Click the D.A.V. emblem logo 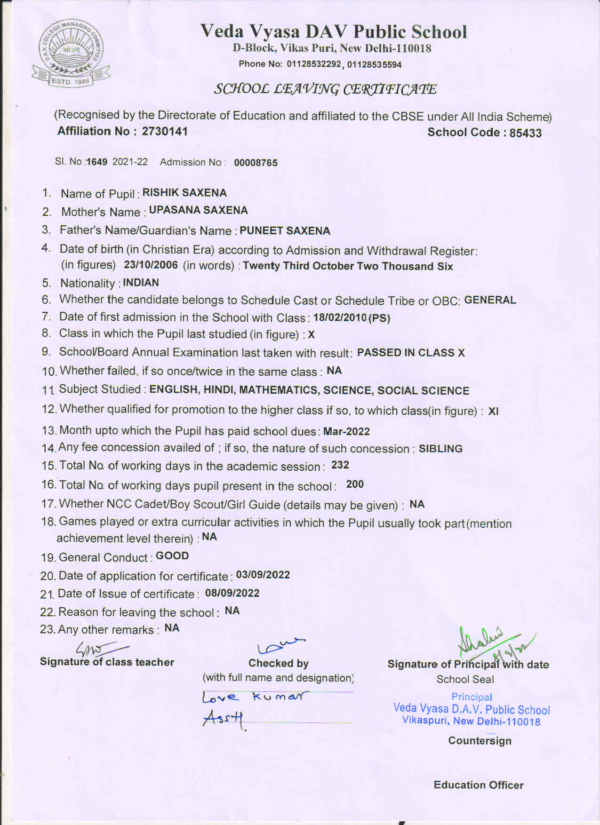pyautogui.click(x=71, y=54)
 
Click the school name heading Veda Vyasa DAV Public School pyautogui.click(x=334, y=32)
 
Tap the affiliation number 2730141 pyautogui.click(x=165, y=131)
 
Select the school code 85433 pyautogui.click(x=525, y=133)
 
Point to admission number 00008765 pyautogui.click(x=256, y=163)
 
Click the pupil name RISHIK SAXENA pyautogui.click(x=184, y=193)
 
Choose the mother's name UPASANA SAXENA pyautogui.click(x=198, y=210)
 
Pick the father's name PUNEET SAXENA pyautogui.click(x=285, y=231)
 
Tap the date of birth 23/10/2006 pyautogui.click(x=151, y=265)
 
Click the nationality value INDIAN pyautogui.click(x=141, y=283)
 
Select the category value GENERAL pyautogui.click(x=490, y=300)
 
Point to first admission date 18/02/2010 pyautogui.click(x=340, y=317)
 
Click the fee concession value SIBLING pyautogui.click(x=440, y=449)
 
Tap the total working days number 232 pyautogui.click(x=340, y=465)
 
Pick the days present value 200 pyautogui.click(x=355, y=484)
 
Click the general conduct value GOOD pyautogui.click(x=172, y=556)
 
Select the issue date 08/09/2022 pyautogui.click(x=232, y=593)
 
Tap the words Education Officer pyautogui.click(x=478, y=785)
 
